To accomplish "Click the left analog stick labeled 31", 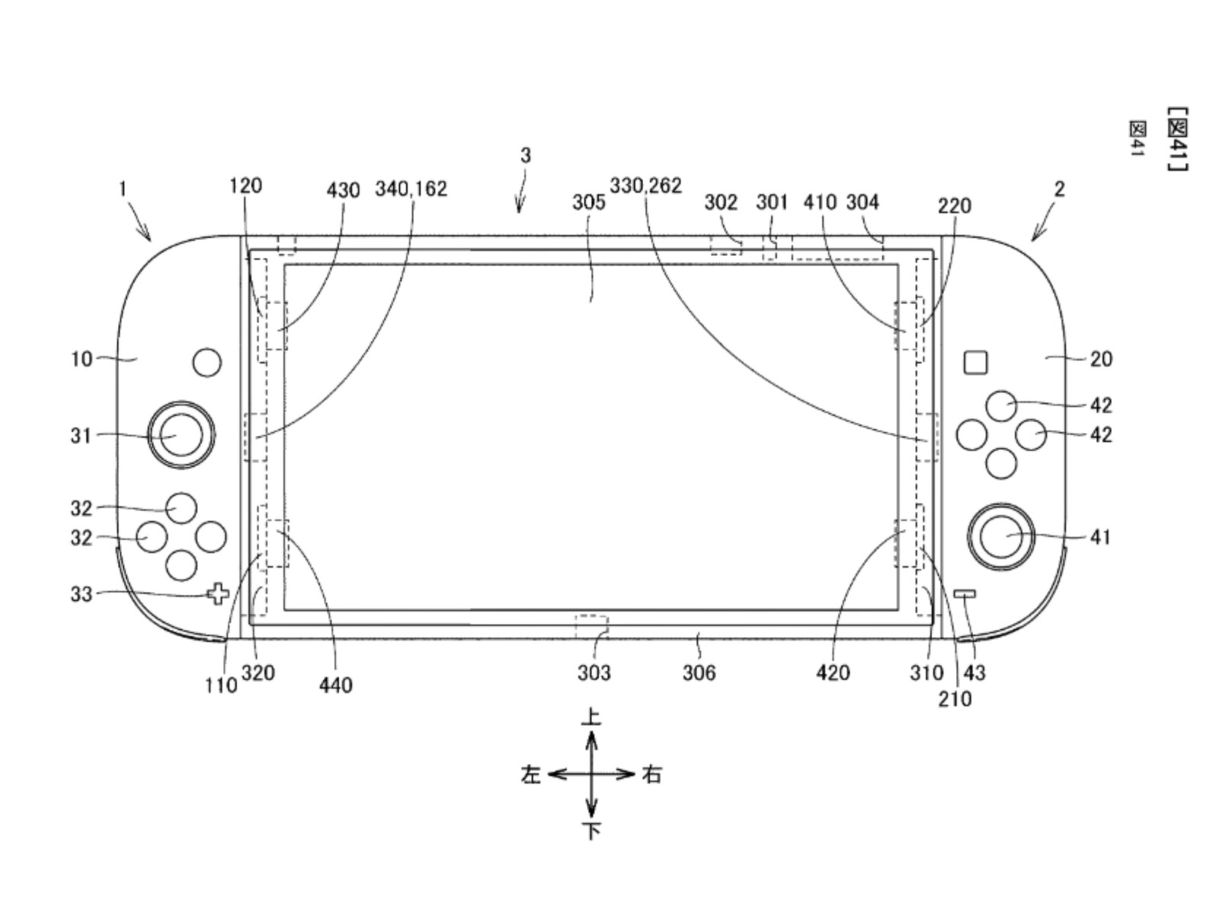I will tap(181, 435).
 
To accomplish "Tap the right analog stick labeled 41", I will tap(1001, 537).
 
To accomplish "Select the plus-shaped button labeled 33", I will tap(219, 594).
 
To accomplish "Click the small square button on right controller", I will tap(975, 363).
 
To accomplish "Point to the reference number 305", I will tap(588, 202).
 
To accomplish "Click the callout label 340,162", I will tap(411, 189).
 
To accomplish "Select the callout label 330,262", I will tap(645, 186).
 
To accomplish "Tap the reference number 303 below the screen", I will tap(594, 673).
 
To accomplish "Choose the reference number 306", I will tap(699, 673).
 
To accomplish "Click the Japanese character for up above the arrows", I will tap(591, 717).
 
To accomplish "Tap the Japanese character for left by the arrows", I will tap(530, 775).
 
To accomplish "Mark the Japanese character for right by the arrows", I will tap(651, 775).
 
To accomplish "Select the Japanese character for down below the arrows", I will tap(591, 830).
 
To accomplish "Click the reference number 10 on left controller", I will tap(82, 359).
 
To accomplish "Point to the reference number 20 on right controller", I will tap(1100, 359).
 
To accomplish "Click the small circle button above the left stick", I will tap(206, 363).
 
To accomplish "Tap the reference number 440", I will tap(336, 685).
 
